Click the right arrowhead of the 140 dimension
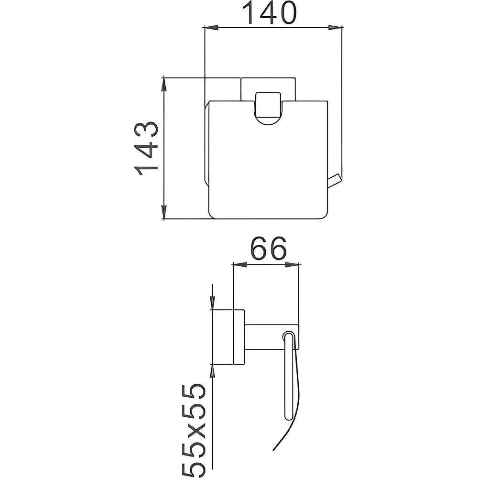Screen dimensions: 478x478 coord(336,28)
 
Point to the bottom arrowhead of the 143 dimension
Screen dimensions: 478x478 coord(164,212)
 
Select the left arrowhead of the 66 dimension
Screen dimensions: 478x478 coord(239,265)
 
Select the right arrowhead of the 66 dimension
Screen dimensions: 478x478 coord(293,265)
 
